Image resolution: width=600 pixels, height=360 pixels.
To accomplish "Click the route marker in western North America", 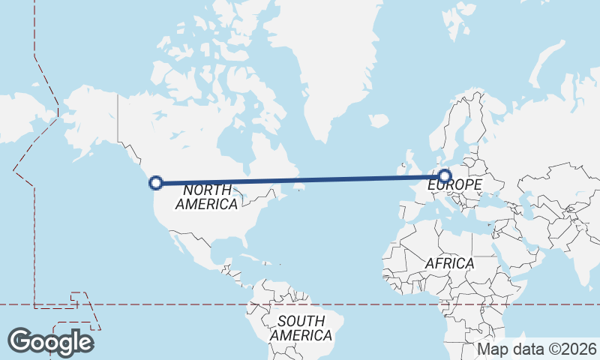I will tap(156, 182).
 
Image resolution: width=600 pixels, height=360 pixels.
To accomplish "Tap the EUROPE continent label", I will tap(454, 184).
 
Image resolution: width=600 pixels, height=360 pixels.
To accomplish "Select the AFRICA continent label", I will tap(449, 263).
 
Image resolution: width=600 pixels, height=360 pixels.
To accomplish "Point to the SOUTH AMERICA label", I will tap(301, 328).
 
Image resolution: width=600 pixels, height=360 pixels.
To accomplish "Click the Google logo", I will tap(50, 342).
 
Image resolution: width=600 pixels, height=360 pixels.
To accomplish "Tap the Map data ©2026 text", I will tap(537, 349).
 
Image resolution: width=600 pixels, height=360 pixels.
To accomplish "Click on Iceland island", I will tap(379, 120).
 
